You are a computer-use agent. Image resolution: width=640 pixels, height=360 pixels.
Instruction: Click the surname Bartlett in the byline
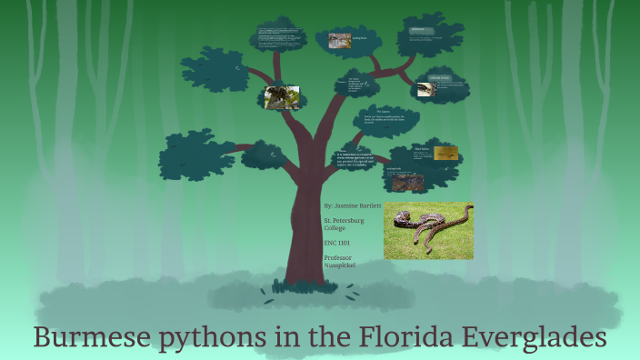pyautogui.click(x=381, y=206)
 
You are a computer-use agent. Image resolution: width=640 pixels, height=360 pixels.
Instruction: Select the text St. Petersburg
pyautogui.click(x=345, y=220)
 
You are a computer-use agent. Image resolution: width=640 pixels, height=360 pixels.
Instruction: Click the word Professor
pyautogui.click(x=338, y=258)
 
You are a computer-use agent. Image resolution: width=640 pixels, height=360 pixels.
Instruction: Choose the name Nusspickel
pyautogui.click(x=341, y=266)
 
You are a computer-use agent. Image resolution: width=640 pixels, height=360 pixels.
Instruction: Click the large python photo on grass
pyautogui.click(x=428, y=230)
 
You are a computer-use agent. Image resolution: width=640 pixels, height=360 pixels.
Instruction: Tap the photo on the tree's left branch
pyautogui.click(x=281, y=96)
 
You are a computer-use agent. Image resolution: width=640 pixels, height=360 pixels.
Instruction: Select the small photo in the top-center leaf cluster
pyautogui.click(x=340, y=40)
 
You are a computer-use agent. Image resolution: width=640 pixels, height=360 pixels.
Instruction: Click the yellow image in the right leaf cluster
pyautogui.click(x=445, y=154)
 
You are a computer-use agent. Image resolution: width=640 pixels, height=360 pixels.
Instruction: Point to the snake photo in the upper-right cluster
pyautogui.click(x=425, y=89)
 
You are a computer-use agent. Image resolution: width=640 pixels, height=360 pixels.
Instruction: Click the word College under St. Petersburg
pyautogui.click(x=335, y=228)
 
